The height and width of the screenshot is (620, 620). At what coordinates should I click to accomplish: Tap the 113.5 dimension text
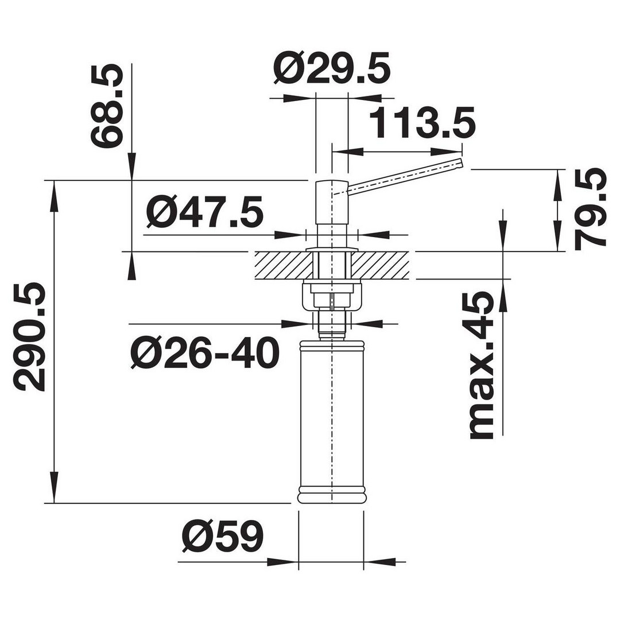(x=422, y=123)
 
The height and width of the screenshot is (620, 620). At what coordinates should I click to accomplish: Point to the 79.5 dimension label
(x=590, y=210)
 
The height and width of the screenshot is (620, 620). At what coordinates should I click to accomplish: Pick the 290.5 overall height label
(x=29, y=337)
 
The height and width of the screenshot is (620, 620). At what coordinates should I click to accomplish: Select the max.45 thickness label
(x=481, y=366)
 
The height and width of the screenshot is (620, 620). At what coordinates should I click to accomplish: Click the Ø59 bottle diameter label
(x=223, y=536)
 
